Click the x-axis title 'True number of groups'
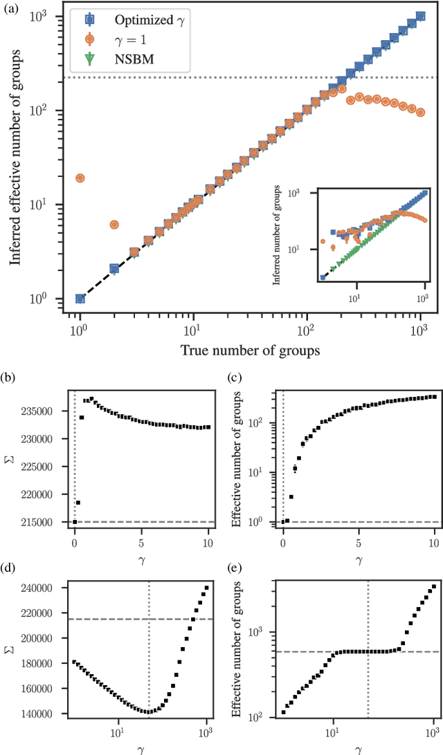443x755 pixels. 250,350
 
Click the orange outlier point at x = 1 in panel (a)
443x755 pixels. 80,178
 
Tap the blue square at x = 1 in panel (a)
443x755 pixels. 80,299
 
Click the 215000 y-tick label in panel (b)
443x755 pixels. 50,522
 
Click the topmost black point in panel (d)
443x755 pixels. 206,588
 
